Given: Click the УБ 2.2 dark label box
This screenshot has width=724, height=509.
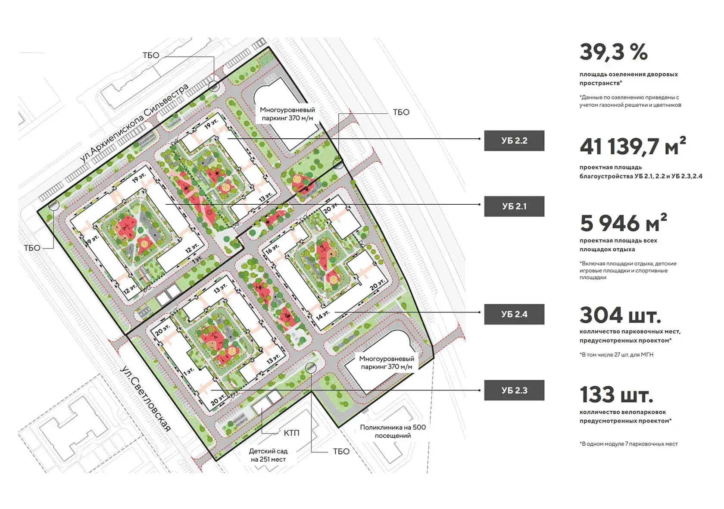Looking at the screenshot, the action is pos(514,141).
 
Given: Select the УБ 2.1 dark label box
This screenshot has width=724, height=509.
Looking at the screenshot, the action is pos(514,206).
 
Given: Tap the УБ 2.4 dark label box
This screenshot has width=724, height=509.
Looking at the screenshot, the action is pos(514,314).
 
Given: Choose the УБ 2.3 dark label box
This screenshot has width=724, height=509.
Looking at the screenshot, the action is pos(514,390).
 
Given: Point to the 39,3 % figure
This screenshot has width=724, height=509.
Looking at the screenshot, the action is pos(614,52).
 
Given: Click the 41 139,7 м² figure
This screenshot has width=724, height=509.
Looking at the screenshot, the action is pos(633,146).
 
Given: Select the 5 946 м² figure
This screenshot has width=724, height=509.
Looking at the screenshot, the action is pos(623,223).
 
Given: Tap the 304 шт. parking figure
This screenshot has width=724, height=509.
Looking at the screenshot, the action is pos(620,315).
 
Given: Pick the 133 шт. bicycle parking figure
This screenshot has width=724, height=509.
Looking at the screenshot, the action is pos(616,395).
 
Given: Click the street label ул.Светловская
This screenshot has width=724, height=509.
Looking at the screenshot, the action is pos(145,399).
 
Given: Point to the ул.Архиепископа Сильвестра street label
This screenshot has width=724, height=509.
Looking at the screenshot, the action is pos(134,123).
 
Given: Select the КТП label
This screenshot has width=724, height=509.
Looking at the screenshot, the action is pos(291,433).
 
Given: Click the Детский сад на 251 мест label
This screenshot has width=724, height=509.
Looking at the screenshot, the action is pos(268,455).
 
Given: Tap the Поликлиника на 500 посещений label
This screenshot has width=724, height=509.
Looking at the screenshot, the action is pos(393,431).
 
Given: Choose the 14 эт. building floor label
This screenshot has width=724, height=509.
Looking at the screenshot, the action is pos(322,315).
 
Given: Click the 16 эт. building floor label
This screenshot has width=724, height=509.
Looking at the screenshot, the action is pos(272,249).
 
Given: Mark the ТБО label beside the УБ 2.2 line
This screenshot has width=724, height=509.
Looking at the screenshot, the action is pos(401,112).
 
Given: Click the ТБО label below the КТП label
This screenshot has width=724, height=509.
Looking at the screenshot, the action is pos(341,452).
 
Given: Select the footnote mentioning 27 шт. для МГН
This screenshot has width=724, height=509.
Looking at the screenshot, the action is pos(616,355).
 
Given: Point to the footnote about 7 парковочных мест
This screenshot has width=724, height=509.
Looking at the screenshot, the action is pos(629,444).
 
